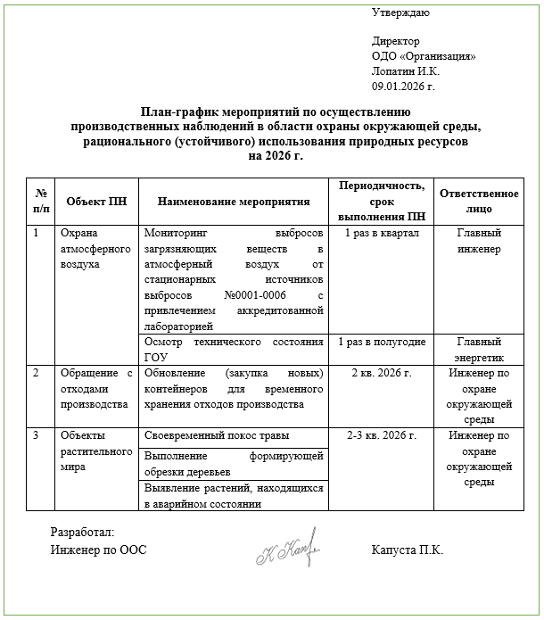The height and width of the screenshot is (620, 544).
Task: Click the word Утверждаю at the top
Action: point(400,12)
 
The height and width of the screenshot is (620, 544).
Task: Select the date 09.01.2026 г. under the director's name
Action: point(402,86)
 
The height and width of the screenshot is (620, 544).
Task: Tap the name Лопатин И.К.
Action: point(406,71)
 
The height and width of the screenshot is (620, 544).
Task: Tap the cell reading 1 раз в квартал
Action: point(381,234)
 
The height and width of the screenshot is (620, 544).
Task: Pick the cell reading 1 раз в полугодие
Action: point(381,343)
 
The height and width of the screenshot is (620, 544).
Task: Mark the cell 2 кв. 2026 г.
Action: point(381,373)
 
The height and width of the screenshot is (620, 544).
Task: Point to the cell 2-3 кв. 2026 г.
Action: point(381,436)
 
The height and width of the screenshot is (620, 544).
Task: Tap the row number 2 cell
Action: point(36,373)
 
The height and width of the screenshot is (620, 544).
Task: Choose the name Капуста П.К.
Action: point(408,550)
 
